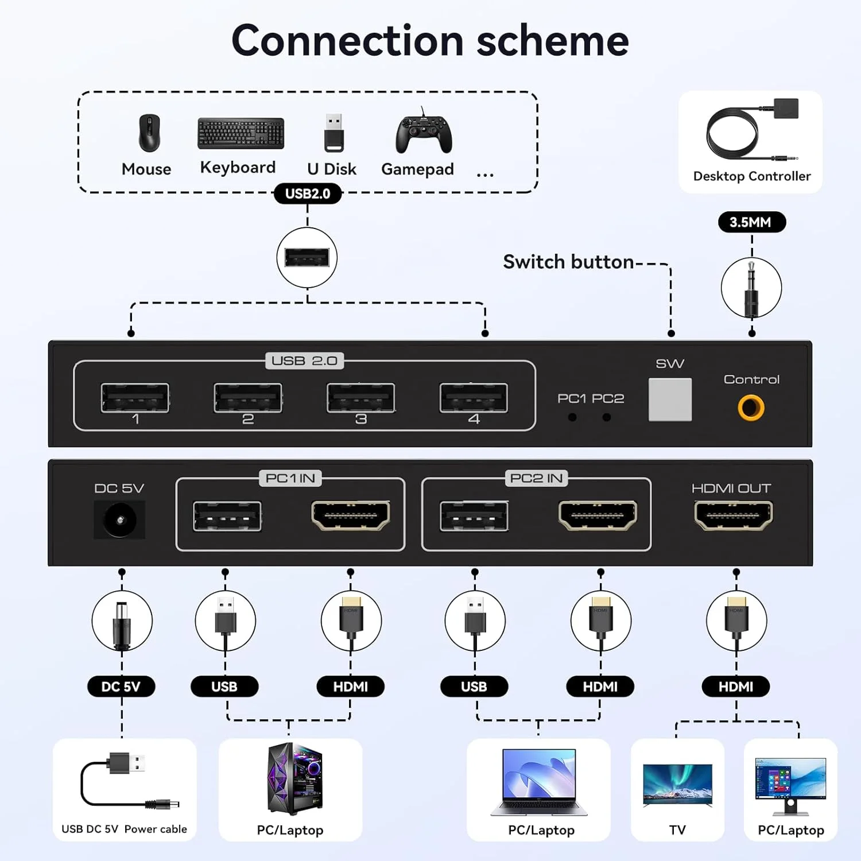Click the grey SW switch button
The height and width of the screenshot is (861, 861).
[x=670, y=400]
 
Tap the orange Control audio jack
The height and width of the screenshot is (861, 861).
[x=751, y=408]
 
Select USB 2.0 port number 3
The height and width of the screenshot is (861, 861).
[x=360, y=398]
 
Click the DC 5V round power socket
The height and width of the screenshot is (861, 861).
[x=119, y=520]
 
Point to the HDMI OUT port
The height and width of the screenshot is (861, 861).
[x=734, y=515]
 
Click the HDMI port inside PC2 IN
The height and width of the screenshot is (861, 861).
[x=598, y=515]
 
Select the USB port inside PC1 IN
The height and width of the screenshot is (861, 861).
[x=227, y=516]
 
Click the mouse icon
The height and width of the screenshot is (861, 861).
[x=149, y=133]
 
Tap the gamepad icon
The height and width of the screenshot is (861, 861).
[x=424, y=133]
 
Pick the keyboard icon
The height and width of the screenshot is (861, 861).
[x=241, y=133]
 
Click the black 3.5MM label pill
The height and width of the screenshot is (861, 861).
[x=751, y=222]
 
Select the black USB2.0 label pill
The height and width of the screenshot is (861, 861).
[x=308, y=193]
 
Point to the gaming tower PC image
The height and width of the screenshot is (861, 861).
[x=294, y=779]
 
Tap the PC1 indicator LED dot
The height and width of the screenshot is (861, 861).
[x=572, y=417]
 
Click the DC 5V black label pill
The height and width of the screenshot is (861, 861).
[x=121, y=687]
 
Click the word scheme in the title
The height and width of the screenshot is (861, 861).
[x=552, y=41]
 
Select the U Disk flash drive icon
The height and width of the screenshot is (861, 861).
[x=333, y=133]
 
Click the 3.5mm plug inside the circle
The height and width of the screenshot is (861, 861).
[x=751, y=289]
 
